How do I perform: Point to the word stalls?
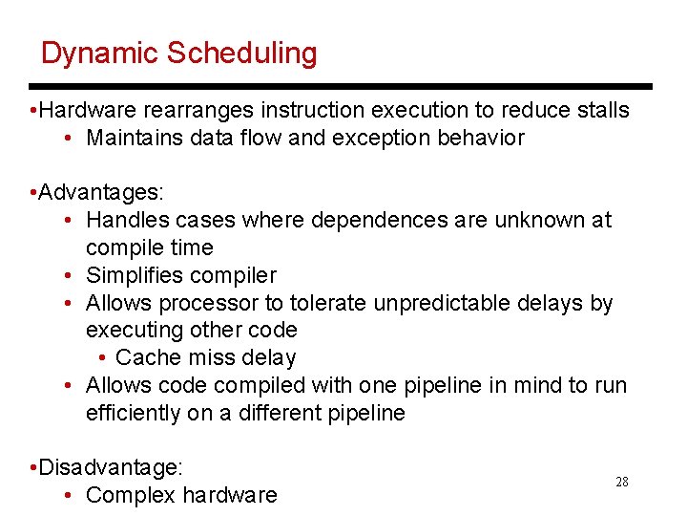pos(601,110)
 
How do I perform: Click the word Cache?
pos(143,358)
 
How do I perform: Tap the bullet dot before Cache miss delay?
pos(102,358)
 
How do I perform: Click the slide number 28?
pos(622,482)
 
